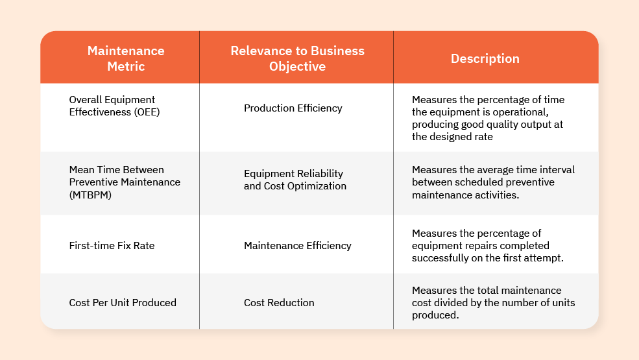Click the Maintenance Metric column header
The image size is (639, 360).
[126, 58]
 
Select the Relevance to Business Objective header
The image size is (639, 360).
[298, 58]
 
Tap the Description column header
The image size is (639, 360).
[485, 58]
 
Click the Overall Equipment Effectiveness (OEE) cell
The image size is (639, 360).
[114, 106]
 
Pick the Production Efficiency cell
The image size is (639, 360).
[293, 108]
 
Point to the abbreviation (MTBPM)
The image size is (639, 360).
[90, 195]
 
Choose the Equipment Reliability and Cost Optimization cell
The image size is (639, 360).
[295, 180]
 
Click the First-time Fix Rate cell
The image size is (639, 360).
[112, 245]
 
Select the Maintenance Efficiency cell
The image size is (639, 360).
[298, 245]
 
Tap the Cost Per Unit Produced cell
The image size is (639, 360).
[123, 302]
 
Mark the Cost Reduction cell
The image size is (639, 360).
[279, 302]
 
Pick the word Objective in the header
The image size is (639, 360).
[298, 66]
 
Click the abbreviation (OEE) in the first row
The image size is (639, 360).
[147, 112]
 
